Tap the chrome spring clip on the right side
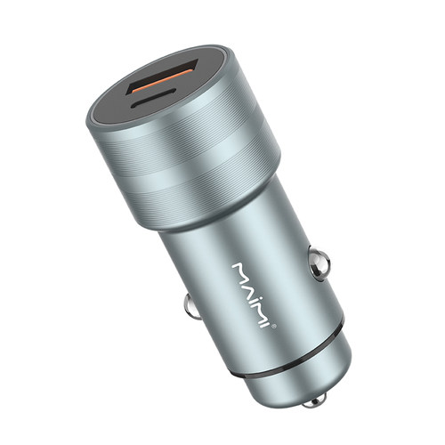[319, 263]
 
